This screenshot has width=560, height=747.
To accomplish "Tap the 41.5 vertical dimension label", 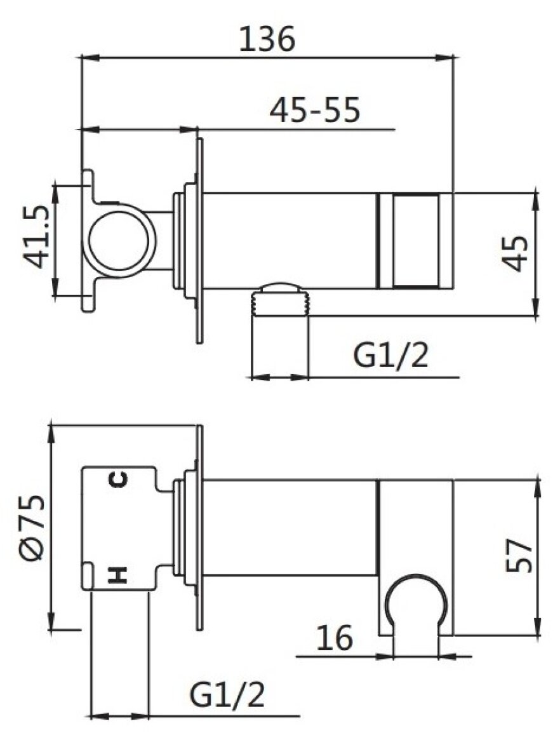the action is point(37,236).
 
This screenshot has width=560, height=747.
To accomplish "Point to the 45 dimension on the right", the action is point(516,253).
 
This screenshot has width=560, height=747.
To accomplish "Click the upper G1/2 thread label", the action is point(391,356).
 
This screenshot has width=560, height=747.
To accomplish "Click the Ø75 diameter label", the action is point(33,527).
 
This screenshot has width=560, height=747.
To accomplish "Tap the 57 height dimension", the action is point(518,555).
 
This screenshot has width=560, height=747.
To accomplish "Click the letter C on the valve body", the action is point(118,479).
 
